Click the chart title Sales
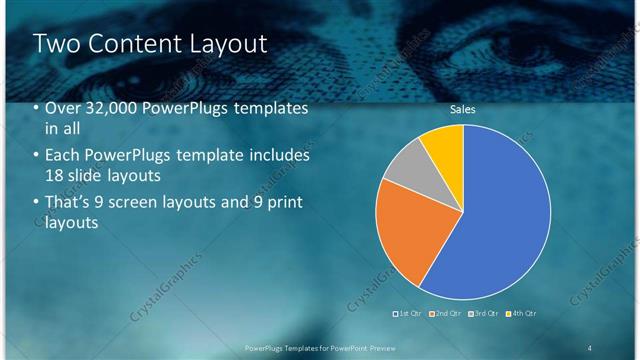coord(462,109)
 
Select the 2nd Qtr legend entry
coord(446,314)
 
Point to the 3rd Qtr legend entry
coord(483,314)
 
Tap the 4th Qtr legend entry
coord(521,314)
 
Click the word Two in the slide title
coord(56,43)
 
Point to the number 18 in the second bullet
coord(55,176)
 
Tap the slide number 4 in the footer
coord(589,347)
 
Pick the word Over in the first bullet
coord(62,108)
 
